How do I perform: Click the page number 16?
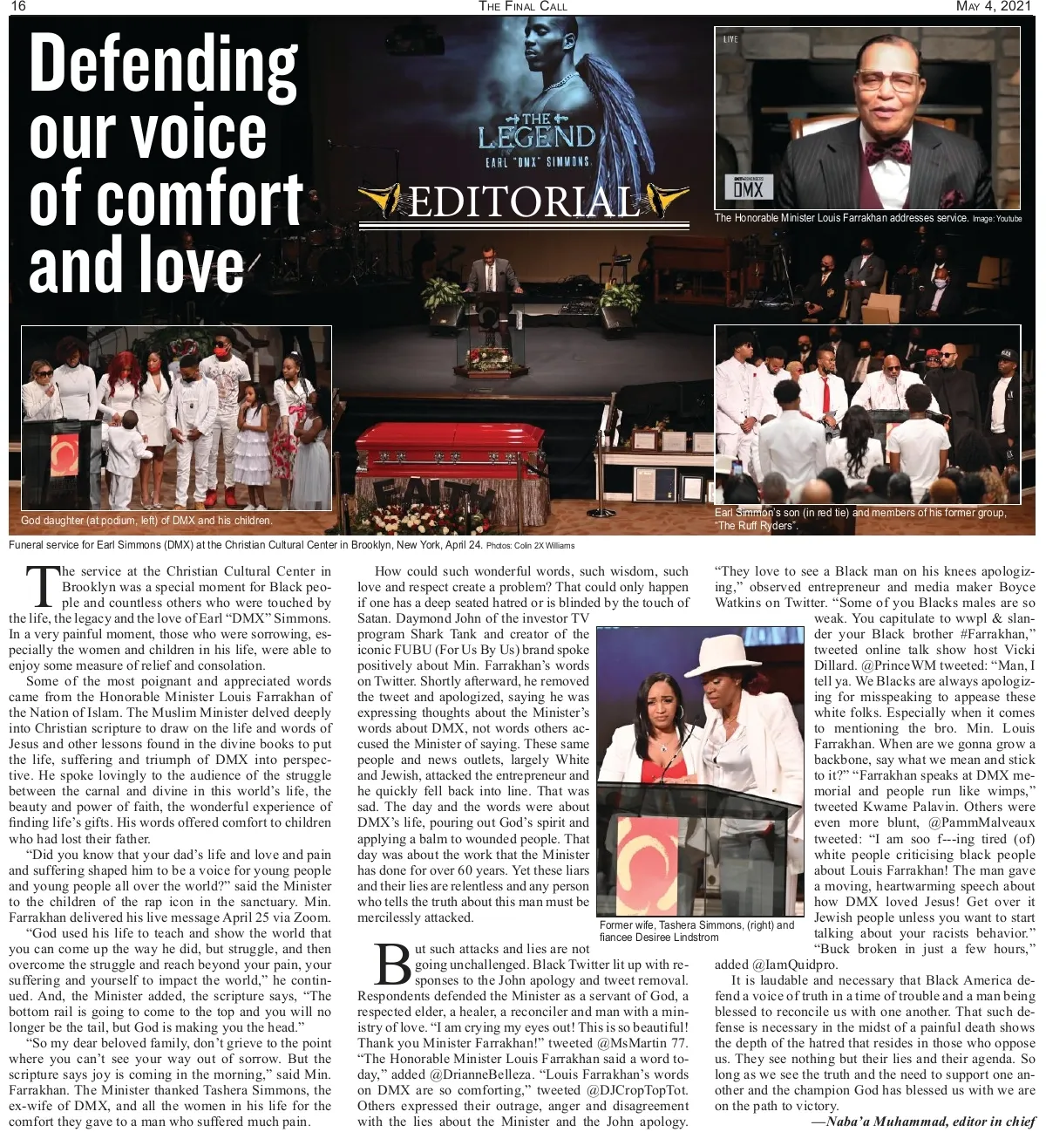tap(17, 7)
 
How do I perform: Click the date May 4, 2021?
tap(993, 7)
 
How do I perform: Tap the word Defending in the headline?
tap(163, 64)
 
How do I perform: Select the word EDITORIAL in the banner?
tap(524, 202)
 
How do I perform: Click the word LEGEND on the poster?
tap(537, 138)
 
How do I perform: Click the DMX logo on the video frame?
tap(748, 188)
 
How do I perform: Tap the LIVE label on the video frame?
tap(730, 39)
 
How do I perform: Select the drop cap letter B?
tap(393, 964)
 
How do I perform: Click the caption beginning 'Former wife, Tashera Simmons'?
tap(696, 931)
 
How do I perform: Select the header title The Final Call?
tap(523, 7)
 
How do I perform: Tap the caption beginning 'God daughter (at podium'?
tap(146, 521)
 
